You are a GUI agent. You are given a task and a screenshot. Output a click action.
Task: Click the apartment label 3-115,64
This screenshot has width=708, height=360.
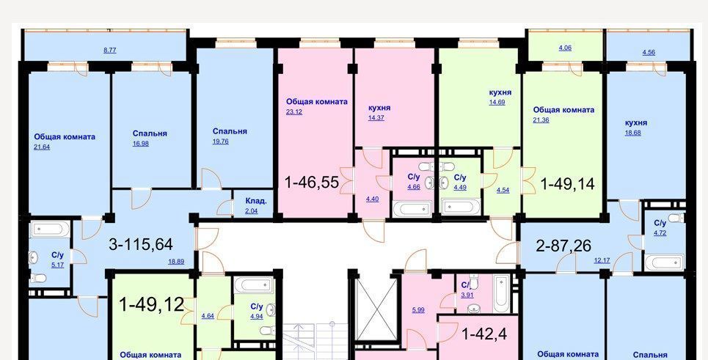(141, 244)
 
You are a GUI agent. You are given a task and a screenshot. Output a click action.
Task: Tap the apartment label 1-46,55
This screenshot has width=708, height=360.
(312, 183)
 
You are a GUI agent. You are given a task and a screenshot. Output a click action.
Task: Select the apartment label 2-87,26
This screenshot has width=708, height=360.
(563, 246)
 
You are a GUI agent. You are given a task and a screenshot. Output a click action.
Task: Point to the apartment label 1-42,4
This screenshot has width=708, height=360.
(484, 334)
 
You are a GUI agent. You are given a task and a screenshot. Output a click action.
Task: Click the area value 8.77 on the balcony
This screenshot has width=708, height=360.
(110, 51)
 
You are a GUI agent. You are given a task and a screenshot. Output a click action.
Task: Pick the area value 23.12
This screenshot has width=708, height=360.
(294, 112)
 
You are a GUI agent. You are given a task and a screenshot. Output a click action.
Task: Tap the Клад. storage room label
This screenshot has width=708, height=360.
(256, 201)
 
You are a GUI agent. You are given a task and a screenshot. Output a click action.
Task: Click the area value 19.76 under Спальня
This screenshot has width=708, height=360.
(221, 142)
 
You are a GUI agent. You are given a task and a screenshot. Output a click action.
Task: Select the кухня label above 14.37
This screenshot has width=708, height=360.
(379, 109)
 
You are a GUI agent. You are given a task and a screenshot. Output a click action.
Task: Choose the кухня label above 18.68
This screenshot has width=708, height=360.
(636, 122)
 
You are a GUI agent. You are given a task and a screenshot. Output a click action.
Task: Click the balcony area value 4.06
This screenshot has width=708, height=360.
(565, 48)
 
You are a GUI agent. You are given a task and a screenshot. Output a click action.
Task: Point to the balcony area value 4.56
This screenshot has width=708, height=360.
(649, 52)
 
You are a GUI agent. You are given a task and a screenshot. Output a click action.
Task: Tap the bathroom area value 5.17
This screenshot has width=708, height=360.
(57, 265)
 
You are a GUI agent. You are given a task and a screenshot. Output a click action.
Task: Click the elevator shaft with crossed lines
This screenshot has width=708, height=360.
(376, 309)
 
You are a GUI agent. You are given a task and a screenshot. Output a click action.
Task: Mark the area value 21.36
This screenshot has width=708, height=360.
(541, 120)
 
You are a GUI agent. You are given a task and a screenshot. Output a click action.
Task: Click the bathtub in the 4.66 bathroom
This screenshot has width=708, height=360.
(412, 208)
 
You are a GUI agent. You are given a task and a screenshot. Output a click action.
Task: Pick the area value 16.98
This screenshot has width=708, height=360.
(140, 144)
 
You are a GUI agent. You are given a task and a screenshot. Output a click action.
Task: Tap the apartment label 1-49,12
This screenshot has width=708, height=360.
(151, 305)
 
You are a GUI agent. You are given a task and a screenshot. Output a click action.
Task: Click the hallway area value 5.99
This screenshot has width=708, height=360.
(418, 310)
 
